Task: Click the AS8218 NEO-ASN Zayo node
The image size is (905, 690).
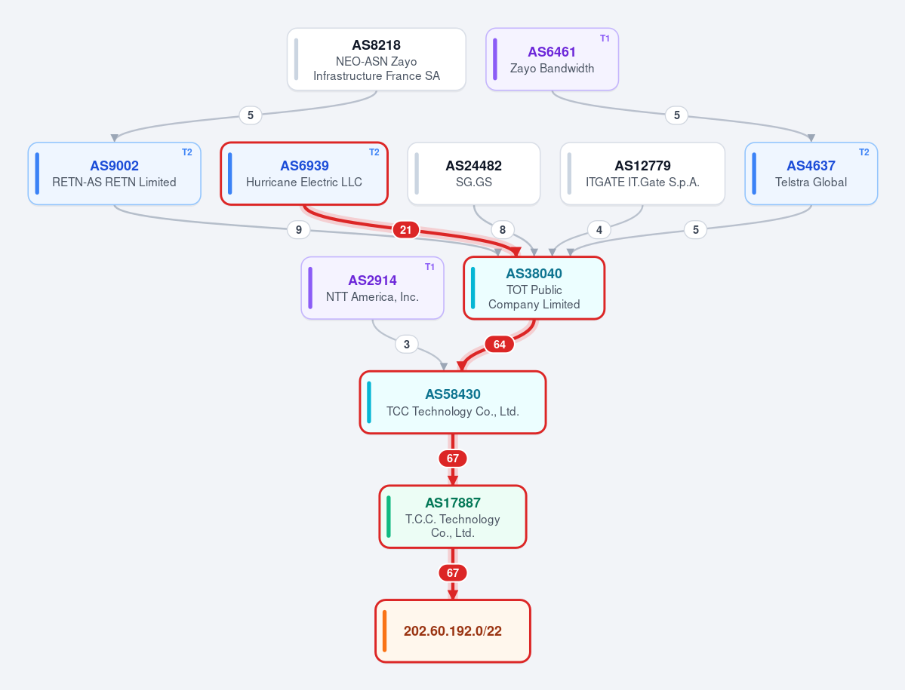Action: tap(377, 60)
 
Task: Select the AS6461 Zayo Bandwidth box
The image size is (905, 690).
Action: tap(553, 60)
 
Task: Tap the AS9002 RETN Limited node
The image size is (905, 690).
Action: tap(114, 173)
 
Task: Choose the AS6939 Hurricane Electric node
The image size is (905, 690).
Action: tap(304, 173)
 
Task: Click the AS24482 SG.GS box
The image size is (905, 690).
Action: tap(474, 173)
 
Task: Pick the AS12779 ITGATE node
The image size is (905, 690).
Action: tap(642, 173)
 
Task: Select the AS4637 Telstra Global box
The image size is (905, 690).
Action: tap(811, 173)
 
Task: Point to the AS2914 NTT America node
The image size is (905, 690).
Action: tap(372, 287)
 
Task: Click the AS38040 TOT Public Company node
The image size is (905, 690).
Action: tap(534, 287)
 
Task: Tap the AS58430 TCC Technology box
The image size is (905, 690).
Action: tap(453, 403)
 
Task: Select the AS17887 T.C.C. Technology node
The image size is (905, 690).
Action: tap(453, 517)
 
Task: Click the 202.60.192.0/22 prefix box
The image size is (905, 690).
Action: tap(453, 631)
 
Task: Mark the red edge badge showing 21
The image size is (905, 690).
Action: tap(406, 230)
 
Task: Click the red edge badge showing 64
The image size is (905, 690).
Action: tap(499, 345)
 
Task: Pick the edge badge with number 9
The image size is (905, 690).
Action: tap(298, 230)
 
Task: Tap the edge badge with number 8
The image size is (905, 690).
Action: tap(503, 230)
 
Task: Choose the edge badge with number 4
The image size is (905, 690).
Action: tap(599, 230)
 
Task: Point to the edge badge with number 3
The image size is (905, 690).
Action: tap(407, 345)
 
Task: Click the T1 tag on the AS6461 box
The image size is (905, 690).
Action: tap(605, 38)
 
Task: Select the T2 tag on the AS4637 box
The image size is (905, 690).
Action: tap(864, 153)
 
